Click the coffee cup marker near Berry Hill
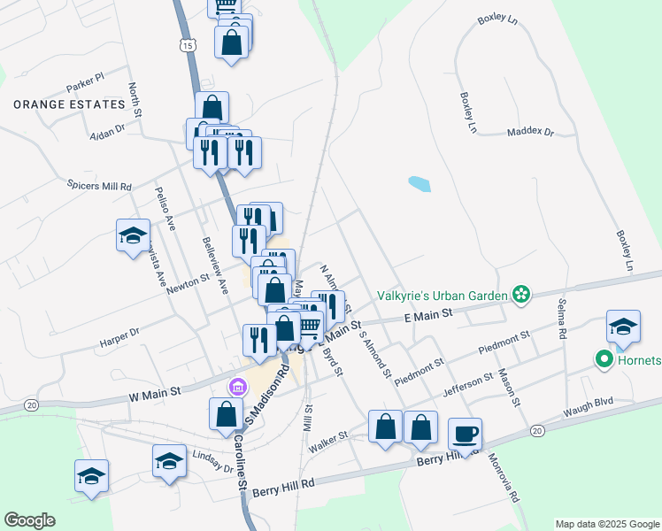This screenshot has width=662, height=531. point(465,435)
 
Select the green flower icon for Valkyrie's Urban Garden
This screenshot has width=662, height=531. point(521,295)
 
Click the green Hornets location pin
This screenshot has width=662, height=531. point(605,359)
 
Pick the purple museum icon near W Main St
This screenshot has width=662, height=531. point(236,387)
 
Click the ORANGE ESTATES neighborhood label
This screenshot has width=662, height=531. point(69,104)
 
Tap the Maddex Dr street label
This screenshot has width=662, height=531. point(529,133)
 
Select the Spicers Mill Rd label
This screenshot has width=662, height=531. point(99,187)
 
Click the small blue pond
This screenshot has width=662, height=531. point(420,184)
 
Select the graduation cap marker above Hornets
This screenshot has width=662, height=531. point(623,325)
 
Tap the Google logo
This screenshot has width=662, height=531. point(29,520)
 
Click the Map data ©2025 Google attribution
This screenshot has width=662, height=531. point(606,524)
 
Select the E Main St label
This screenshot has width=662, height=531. point(427,314)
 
